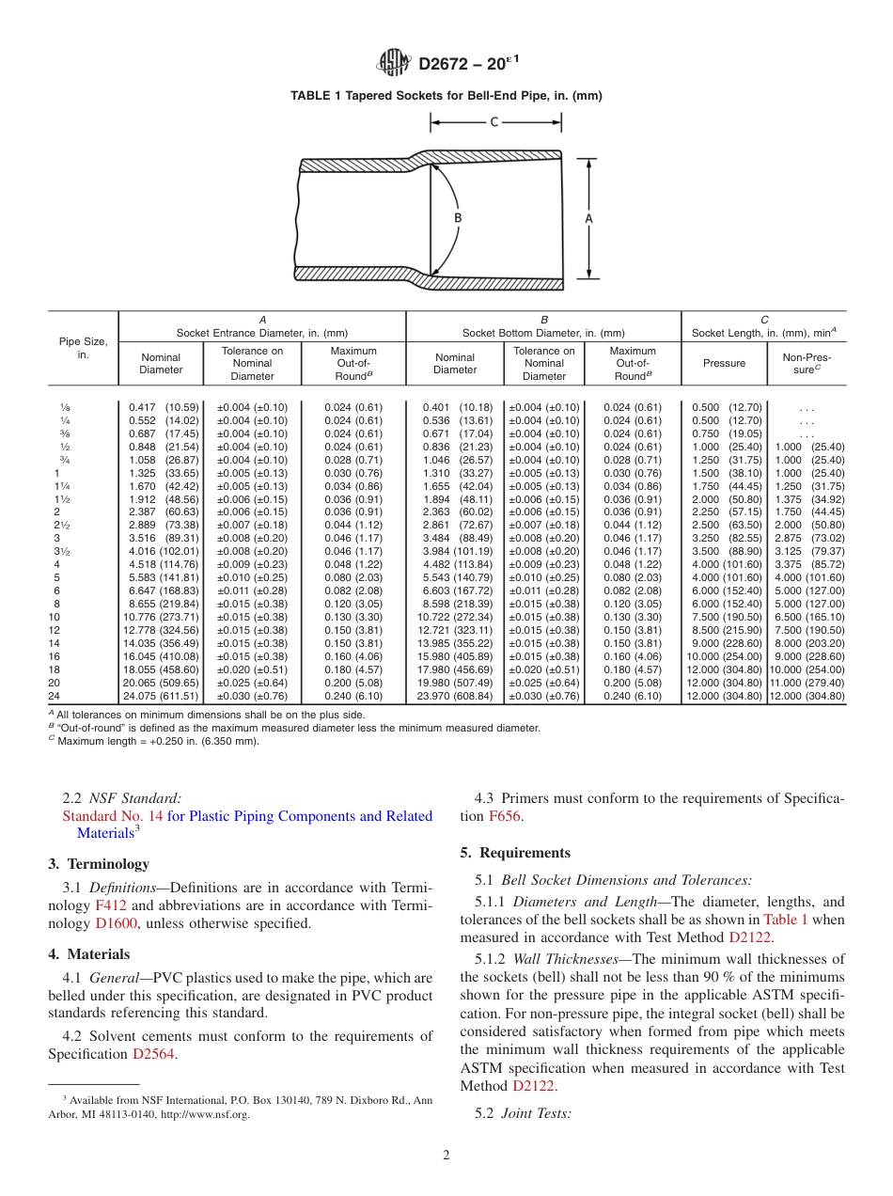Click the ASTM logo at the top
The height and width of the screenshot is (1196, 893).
click(394, 63)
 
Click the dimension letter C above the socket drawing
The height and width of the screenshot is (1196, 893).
click(494, 121)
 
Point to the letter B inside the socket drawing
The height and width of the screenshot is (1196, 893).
click(458, 217)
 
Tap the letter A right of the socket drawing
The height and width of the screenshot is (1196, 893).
click(589, 217)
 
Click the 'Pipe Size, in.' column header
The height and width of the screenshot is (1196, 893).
click(83, 348)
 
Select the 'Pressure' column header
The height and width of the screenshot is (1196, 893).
click(724, 363)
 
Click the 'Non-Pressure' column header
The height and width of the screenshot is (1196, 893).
click(807, 363)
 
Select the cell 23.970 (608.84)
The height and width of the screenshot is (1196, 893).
click(455, 697)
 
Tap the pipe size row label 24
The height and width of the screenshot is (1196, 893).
click(54, 697)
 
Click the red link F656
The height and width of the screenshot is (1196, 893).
click(502, 816)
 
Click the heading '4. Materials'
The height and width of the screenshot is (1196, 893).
click(88, 954)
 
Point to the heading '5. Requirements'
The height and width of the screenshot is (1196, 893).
click(515, 853)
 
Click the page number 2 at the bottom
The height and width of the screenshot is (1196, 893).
click(446, 1156)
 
